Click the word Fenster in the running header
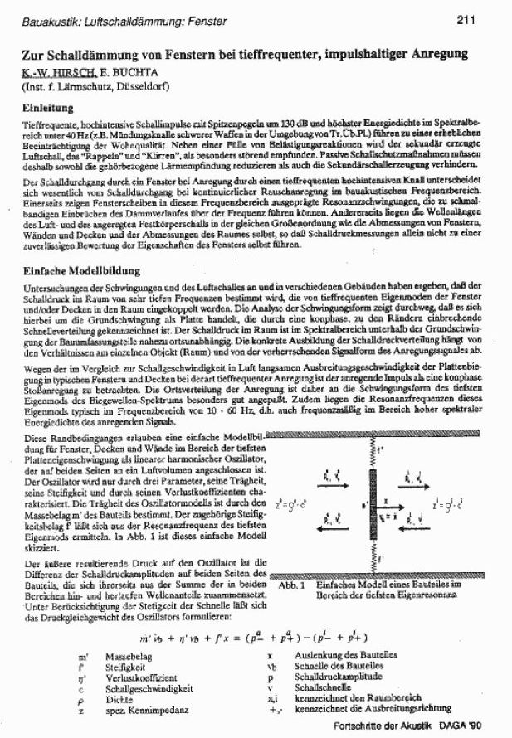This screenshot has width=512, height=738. click(x=187, y=19)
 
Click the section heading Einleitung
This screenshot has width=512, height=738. click(x=46, y=107)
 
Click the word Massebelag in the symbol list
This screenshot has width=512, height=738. click(x=127, y=656)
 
